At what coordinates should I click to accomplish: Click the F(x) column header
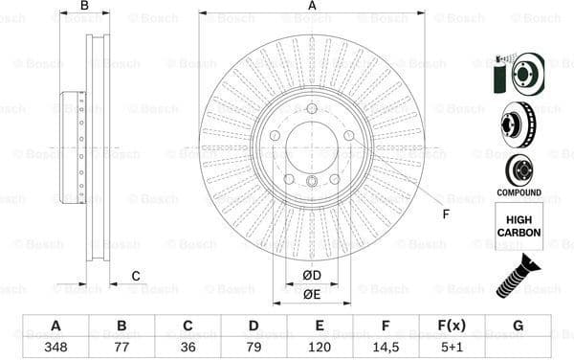[x=451, y=326]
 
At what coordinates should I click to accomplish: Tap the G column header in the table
[x=518, y=326]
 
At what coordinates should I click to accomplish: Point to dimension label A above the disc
[x=312, y=6]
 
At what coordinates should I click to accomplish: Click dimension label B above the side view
[x=84, y=6]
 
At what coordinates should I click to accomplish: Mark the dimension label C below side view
[x=136, y=277]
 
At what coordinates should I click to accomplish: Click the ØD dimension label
[x=312, y=277]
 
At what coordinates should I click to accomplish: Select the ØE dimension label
[x=312, y=295]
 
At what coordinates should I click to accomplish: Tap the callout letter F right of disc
[x=446, y=213]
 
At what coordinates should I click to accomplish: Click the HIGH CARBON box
[x=519, y=226]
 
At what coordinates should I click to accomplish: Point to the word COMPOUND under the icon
[x=519, y=192]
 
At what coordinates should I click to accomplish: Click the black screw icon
[x=517, y=274]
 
